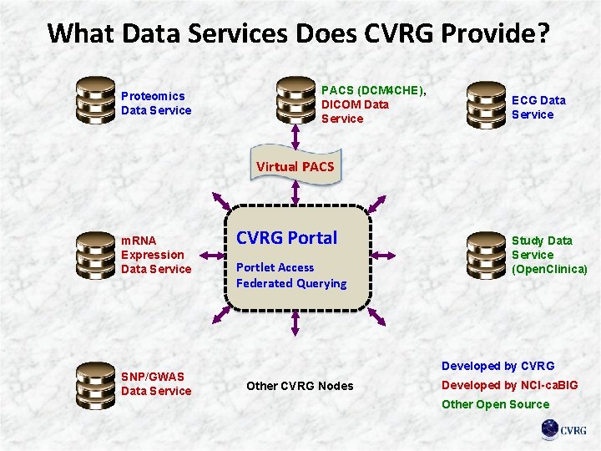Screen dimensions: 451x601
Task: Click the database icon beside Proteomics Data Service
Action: click(93, 102)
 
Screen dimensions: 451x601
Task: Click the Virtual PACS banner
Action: click(295, 166)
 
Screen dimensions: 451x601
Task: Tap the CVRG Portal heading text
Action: click(286, 238)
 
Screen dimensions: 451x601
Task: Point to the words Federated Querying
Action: click(291, 283)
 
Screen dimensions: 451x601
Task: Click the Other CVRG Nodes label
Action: click(299, 386)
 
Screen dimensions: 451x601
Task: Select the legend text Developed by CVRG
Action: click(497, 366)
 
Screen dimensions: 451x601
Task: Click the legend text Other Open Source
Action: click(495, 404)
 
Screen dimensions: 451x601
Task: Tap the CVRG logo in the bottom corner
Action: click(563, 429)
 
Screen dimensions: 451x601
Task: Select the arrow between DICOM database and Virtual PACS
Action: click(295, 137)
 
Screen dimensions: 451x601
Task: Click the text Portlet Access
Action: click(275, 267)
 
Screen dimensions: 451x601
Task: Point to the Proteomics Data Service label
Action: click(156, 103)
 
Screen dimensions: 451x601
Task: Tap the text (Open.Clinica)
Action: click(549, 269)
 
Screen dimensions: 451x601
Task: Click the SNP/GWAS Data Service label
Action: click(156, 383)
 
